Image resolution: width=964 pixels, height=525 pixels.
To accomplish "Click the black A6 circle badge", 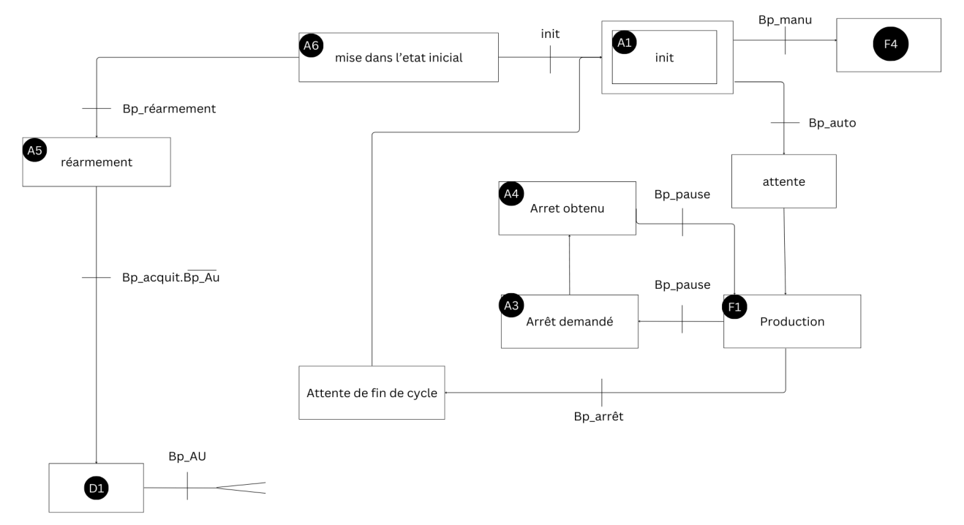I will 311,45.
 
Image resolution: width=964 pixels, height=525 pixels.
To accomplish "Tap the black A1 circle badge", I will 625,43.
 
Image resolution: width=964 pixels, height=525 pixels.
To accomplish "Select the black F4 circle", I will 890,45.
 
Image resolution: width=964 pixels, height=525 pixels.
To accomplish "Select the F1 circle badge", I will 734,306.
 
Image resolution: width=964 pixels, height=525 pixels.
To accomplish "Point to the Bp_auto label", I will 832,123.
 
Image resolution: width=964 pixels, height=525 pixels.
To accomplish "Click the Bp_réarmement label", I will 169,108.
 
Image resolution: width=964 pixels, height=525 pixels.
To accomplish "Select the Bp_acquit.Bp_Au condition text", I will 171,278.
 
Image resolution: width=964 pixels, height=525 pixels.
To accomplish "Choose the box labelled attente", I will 783,181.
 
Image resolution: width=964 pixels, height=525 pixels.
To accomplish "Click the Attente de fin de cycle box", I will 372,393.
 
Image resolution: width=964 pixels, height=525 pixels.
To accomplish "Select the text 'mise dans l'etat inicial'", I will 399,57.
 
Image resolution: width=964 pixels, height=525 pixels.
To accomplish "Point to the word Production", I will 792,322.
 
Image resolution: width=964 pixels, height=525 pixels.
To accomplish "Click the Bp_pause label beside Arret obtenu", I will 682,196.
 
